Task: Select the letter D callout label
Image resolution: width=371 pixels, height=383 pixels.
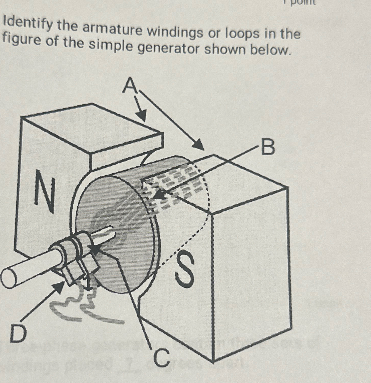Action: (x=18, y=333)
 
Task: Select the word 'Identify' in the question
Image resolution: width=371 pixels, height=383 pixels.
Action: (x=28, y=25)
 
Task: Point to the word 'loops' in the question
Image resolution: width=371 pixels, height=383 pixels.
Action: (x=240, y=34)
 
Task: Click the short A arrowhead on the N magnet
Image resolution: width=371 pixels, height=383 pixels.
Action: (x=142, y=116)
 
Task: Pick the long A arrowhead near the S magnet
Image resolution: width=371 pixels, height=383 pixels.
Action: (x=199, y=146)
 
